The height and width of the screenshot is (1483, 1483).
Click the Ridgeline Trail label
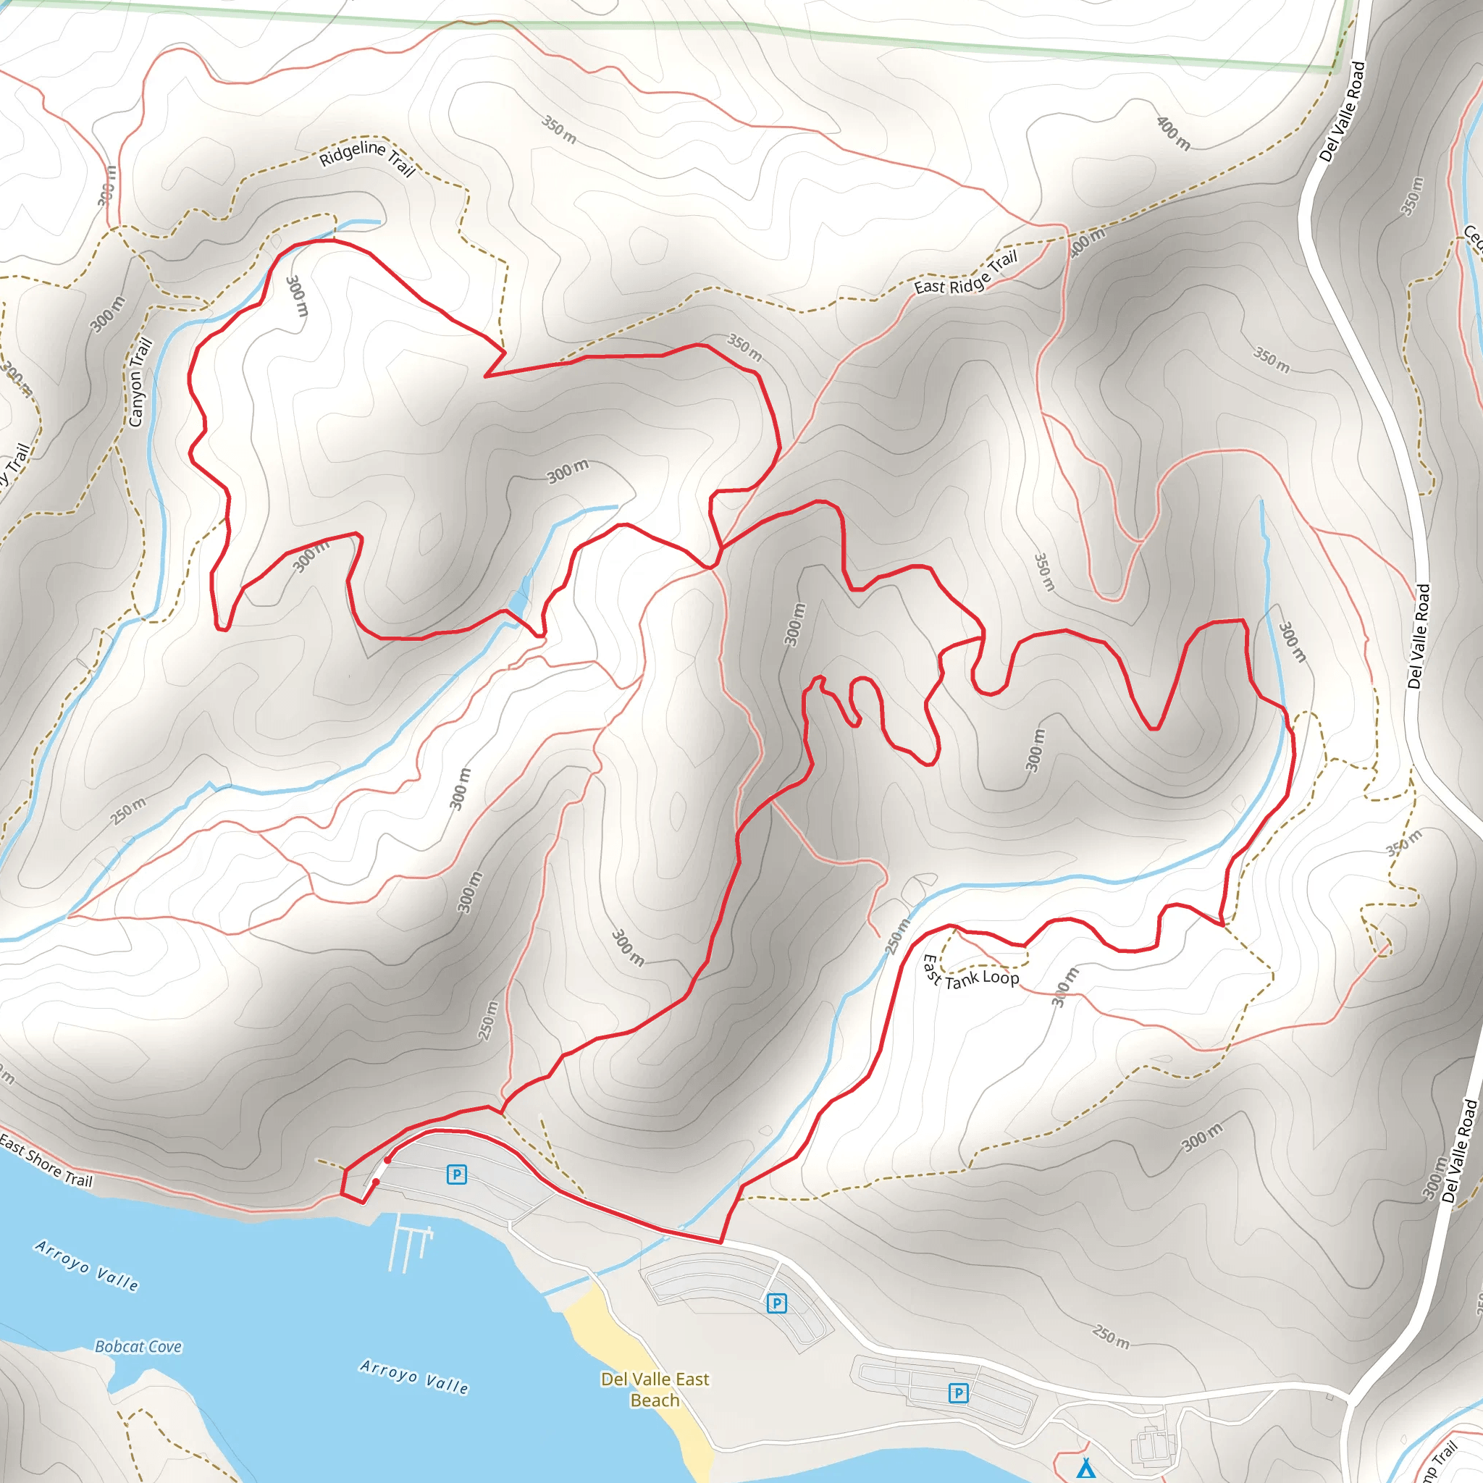[x=367, y=156]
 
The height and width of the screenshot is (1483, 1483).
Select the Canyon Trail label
[x=139, y=382]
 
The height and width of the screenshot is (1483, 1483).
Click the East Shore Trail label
[x=46, y=1160]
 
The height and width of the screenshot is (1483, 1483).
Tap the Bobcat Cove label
[x=138, y=1346]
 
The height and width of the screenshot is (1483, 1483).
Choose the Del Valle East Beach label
[x=655, y=1390]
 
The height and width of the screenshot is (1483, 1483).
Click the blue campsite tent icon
[x=1085, y=1468]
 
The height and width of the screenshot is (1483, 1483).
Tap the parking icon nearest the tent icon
[x=959, y=1392]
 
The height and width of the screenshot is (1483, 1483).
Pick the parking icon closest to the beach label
[x=777, y=1303]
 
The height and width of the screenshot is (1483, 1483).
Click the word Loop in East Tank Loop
[x=1001, y=977]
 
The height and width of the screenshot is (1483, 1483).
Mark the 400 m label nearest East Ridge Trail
[x=1087, y=241]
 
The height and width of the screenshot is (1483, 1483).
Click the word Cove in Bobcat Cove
[x=165, y=1346]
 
